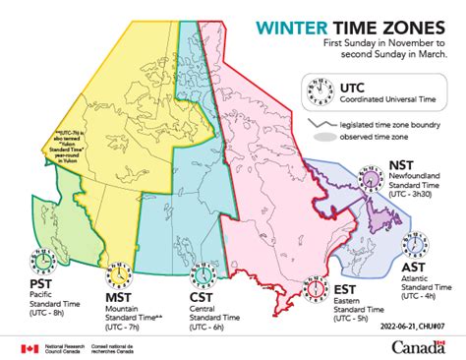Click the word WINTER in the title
point(288,30)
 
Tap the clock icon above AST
point(417,242)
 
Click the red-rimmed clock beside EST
point(315,288)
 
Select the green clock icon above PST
point(44,261)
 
